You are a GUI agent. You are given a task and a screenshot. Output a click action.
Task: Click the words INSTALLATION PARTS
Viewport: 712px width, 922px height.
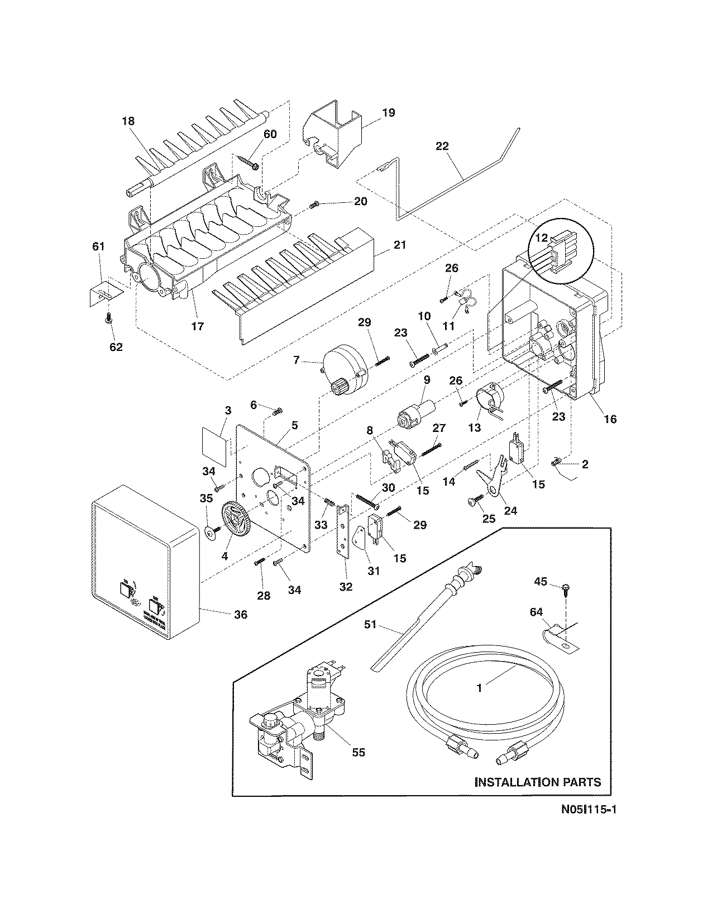(538, 782)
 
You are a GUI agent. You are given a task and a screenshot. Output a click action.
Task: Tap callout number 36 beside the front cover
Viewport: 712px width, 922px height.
(241, 614)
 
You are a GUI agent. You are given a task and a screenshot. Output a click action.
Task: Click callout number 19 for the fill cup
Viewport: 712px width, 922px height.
(389, 112)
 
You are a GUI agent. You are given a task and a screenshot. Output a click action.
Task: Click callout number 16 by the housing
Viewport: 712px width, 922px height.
(610, 419)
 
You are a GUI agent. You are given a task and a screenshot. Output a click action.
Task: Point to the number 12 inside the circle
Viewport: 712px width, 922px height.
(541, 238)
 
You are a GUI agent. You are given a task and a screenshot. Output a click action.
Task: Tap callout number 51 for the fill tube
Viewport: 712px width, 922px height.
(371, 624)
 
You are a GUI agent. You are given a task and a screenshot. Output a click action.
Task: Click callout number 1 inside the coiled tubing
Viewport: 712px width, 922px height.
(479, 688)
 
